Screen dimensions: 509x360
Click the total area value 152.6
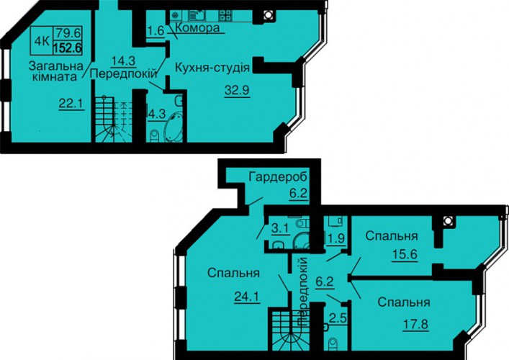67,48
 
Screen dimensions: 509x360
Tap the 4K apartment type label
42,40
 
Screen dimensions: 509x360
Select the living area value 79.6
68,33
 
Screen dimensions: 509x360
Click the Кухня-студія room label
212,68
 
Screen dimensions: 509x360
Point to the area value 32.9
237,90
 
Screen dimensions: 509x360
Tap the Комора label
197,28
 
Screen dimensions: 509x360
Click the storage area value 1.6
156,31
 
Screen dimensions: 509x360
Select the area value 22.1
71,104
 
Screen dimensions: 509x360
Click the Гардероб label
278,177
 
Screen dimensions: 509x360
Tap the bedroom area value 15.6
405,253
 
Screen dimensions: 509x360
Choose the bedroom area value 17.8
416,324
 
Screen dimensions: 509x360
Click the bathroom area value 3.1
280,228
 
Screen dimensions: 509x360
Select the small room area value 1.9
336,238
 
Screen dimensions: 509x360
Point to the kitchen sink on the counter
197,14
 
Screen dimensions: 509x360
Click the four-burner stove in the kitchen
225,14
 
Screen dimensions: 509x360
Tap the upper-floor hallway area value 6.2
325,282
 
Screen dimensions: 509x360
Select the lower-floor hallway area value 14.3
123,60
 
